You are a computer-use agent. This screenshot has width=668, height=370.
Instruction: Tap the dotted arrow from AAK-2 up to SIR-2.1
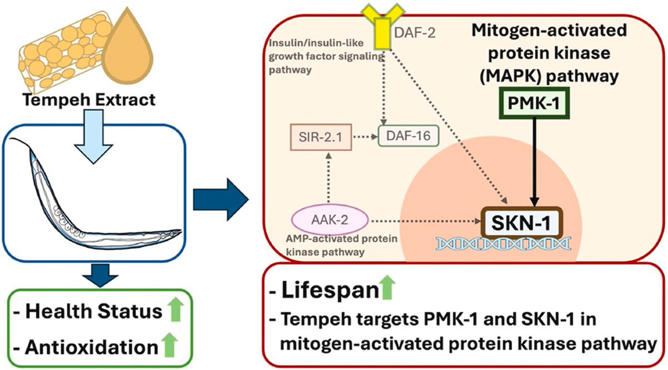[328, 179]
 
